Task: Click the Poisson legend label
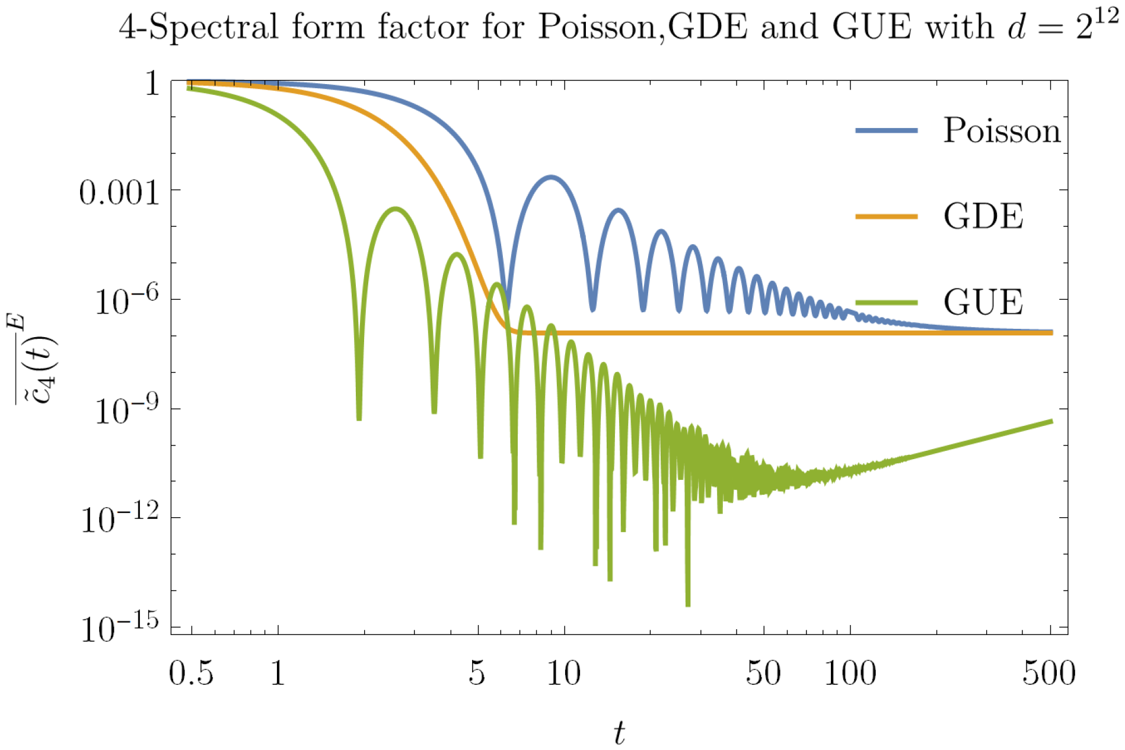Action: (x=1001, y=130)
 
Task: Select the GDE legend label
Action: (x=983, y=216)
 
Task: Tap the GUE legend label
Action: (x=983, y=302)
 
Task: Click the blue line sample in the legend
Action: (x=886, y=130)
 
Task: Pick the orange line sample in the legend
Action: (x=886, y=217)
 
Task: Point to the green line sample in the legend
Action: (x=886, y=303)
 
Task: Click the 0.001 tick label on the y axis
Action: (x=119, y=193)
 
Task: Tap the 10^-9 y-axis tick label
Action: (x=127, y=410)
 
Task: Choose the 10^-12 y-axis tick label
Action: (x=120, y=520)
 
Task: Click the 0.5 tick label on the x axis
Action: (x=191, y=674)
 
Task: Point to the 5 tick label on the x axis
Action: (x=477, y=674)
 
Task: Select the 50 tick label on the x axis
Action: (x=763, y=674)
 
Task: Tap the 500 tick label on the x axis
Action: (x=1048, y=674)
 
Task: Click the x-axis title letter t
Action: (x=619, y=733)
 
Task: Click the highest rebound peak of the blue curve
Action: (x=552, y=177)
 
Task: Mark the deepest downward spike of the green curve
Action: (x=688, y=604)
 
